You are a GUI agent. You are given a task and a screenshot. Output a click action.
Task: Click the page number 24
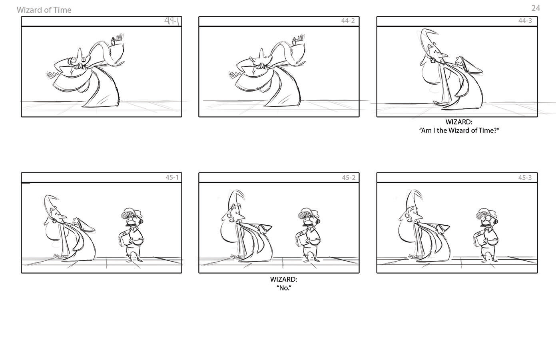tap(536, 8)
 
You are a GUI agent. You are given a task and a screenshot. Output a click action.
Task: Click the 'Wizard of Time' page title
tap(44, 10)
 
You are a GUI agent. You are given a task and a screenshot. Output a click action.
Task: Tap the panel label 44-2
tap(348, 21)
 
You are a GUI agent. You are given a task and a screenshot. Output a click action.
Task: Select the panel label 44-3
tap(525, 21)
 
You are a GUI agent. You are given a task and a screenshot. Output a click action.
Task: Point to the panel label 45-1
tap(172, 177)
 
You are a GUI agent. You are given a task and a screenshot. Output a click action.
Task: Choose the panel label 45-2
tap(349, 178)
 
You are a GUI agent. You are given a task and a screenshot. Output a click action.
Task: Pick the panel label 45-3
tap(525, 178)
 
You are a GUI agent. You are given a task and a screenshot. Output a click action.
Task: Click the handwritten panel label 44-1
tap(172, 21)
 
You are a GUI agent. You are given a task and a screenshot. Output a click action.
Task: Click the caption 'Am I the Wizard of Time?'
tap(459, 130)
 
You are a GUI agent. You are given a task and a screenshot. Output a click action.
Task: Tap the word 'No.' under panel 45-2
tap(284, 288)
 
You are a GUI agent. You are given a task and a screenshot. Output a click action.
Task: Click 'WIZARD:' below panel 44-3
tap(459, 122)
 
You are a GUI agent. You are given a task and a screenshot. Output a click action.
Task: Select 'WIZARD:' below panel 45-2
tap(283, 279)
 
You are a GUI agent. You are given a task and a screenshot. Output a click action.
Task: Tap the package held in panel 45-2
tap(302, 239)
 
